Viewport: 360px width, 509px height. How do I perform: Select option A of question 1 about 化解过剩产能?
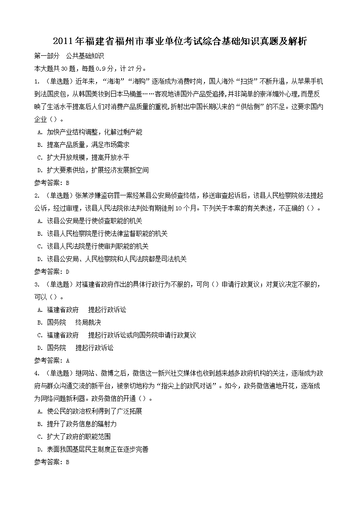point(91,132)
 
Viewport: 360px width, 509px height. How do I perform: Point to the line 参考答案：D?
point(52,272)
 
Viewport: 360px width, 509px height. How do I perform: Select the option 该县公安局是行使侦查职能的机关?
point(91,221)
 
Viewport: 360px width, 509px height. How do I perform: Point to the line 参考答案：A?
point(52,361)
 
